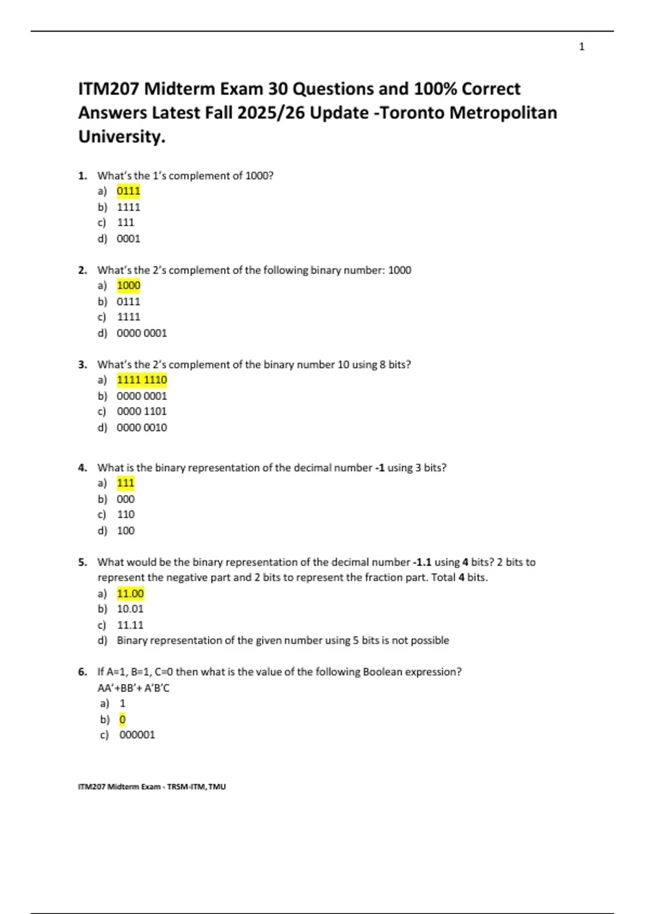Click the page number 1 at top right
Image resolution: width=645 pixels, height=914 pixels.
(x=582, y=47)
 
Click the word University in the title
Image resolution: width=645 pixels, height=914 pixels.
(x=121, y=137)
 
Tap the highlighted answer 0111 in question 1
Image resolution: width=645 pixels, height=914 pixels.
(x=128, y=191)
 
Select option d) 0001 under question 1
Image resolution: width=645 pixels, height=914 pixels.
(x=128, y=239)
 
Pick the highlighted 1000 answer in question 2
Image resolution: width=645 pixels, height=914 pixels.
(x=128, y=285)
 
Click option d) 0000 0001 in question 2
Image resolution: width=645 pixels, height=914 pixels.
(x=142, y=333)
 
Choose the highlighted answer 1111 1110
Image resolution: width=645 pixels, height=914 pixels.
(x=142, y=380)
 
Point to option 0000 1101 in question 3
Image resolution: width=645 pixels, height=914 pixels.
(x=142, y=411)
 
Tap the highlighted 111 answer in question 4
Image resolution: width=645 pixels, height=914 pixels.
(x=126, y=483)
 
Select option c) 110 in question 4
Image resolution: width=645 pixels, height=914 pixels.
(x=126, y=515)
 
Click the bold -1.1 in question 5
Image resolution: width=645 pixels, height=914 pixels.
(x=422, y=562)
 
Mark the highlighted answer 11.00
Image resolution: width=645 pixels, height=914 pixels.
(x=131, y=594)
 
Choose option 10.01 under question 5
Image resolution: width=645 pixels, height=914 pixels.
(x=131, y=609)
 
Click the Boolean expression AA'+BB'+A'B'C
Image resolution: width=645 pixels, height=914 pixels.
(x=133, y=688)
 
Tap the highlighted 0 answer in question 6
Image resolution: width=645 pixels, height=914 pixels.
(x=123, y=719)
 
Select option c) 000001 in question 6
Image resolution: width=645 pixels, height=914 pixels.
(x=137, y=735)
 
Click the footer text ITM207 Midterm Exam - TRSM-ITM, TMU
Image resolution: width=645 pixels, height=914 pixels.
(x=152, y=787)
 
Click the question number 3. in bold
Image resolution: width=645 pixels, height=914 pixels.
(x=82, y=365)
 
